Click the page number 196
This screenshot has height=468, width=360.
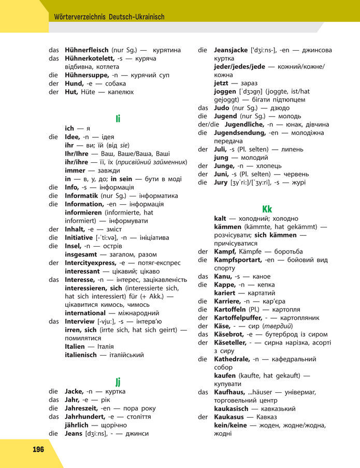(x=38, y=449)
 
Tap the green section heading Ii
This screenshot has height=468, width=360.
(x=118, y=119)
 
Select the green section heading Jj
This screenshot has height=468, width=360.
(x=118, y=382)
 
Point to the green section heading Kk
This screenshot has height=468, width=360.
(x=267, y=209)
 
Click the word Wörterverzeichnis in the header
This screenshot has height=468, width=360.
(x=80, y=17)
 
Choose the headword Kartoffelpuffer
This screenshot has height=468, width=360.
(x=241, y=318)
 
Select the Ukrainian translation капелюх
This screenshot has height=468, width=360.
(x=121, y=92)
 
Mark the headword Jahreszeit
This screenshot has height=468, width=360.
(x=82, y=408)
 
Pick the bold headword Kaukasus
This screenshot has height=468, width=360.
(x=230, y=417)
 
